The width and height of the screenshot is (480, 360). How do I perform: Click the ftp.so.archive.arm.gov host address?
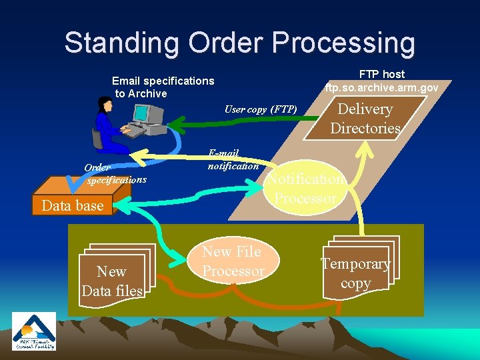[x=381, y=87]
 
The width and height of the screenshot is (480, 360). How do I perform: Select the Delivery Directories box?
[x=365, y=119]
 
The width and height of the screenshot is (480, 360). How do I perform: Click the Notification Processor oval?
[x=306, y=188]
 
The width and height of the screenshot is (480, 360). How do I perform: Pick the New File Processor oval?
[x=233, y=261]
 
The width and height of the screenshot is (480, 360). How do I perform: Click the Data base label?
[x=73, y=205]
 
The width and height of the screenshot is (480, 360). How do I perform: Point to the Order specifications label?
[x=114, y=174]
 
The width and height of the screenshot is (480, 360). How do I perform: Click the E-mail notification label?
[x=232, y=159]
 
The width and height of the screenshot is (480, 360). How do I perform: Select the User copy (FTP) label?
[x=260, y=109]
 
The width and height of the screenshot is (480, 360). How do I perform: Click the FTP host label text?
[x=382, y=74]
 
